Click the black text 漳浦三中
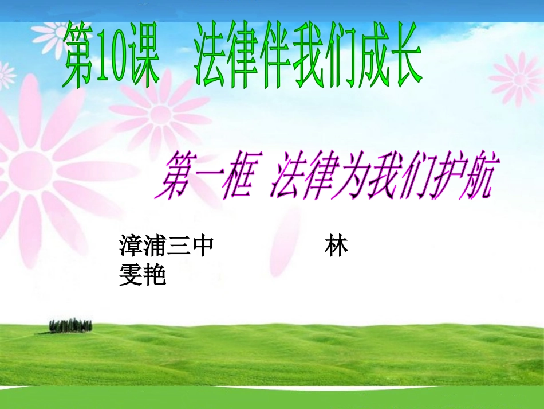click(167, 247)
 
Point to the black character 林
click(336, 247)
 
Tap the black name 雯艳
click(142, 276)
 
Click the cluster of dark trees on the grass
click(70, 325)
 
